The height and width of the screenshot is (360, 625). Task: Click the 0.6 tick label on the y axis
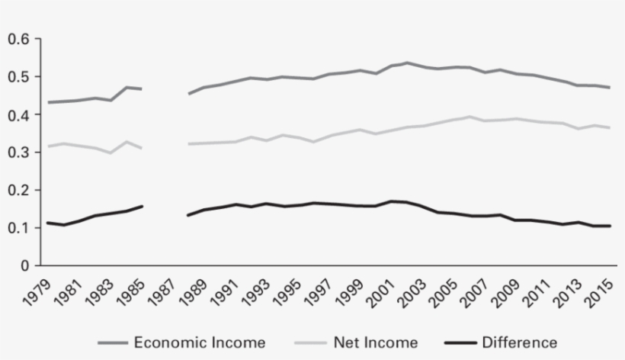point(19,40)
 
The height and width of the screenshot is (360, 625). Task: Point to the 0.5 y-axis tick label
point(19,77)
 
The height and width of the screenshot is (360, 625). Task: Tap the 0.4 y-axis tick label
point(19,115)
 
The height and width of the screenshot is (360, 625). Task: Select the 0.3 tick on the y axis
point(19,153)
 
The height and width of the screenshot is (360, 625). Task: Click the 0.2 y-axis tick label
point(19,190)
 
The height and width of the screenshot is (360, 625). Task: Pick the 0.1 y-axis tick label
point(19,228)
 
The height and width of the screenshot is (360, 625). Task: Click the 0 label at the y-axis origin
point(26,265)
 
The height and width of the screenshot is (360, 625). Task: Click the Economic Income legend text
point(199,342)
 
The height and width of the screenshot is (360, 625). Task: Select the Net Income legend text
point(376,342)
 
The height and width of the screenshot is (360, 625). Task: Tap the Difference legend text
point(520,342)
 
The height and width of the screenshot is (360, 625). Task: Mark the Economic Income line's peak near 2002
point(407,63)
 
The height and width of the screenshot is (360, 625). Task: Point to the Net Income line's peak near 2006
point(470,117)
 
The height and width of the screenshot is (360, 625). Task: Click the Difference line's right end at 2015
point(610,226)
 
